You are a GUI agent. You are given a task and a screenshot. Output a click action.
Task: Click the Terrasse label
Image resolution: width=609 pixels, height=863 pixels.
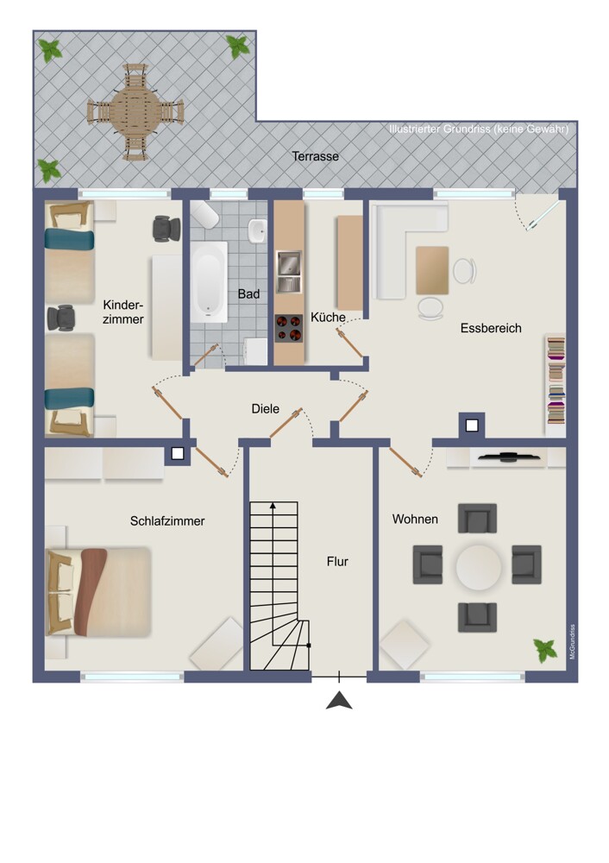315,156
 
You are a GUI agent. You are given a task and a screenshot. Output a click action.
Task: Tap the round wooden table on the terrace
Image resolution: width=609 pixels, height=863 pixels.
135,111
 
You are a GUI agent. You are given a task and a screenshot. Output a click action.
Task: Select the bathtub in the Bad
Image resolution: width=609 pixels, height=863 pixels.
209,282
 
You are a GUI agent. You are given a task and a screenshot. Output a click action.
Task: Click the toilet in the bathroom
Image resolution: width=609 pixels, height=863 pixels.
204,215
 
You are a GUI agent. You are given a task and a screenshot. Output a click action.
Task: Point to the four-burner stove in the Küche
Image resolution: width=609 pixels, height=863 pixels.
289,329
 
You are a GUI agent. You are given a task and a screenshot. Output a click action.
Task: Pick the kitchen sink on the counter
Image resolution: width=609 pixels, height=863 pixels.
289,271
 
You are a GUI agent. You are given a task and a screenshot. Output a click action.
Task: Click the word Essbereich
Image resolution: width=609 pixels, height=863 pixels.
491,328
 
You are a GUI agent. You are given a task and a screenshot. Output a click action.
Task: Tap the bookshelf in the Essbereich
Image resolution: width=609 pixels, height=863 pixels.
556,380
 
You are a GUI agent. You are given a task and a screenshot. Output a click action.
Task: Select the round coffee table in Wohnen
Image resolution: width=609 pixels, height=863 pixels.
479,567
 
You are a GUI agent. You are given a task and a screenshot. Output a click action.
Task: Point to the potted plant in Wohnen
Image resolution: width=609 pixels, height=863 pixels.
545,651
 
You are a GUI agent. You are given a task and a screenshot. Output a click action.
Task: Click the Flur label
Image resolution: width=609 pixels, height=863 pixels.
337,562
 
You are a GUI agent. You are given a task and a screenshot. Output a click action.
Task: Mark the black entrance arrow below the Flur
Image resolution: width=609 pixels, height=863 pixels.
339,700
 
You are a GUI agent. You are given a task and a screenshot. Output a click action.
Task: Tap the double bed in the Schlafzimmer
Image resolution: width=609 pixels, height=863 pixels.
99,592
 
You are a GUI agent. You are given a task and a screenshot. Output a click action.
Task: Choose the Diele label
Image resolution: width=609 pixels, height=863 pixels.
265,409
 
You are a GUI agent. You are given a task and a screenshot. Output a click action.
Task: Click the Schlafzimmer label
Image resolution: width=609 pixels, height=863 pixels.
167,520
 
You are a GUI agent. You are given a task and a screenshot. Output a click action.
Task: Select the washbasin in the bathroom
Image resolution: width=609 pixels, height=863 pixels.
257,231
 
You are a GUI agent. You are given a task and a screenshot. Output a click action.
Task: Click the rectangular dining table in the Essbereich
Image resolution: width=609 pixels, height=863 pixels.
432,270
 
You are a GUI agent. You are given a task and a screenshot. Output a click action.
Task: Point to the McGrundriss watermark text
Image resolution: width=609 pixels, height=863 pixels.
573,642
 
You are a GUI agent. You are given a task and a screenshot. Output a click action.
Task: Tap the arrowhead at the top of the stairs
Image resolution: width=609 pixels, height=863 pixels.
273,505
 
